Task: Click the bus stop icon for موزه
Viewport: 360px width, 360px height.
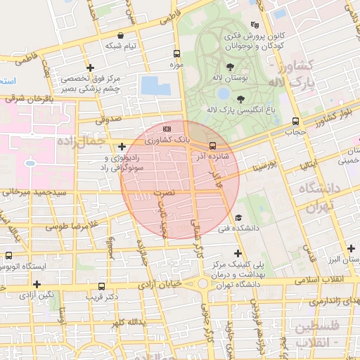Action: (x=176, y=53)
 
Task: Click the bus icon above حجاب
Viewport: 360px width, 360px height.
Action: (x=295, y=120)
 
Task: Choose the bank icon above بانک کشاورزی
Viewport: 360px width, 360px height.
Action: (x=167, y=129)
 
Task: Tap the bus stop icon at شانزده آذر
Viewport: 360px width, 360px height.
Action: (x=212, y=146)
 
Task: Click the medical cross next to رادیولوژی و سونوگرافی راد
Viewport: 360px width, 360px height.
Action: (x=122, y=147)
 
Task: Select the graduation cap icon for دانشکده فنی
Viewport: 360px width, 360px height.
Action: (x=238, y=218)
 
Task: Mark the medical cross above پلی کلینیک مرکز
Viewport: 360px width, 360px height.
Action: (x=238, y=252)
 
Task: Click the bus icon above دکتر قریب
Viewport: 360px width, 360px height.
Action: (x=102, y=286)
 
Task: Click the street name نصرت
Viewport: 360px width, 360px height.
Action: (x=162, y=191)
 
